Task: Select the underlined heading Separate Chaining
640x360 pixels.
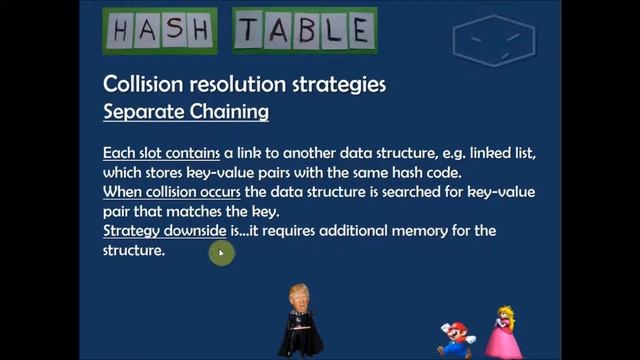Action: click(x=186, y=111)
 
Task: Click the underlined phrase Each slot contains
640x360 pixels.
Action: click(x=161, y=154)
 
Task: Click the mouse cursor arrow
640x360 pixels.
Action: click(x=221, y=254)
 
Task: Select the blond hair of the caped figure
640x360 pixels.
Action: click(x=297, y=291)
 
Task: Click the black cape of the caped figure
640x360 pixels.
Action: click(x=299, y=335)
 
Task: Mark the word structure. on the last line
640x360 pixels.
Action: click(x=134, y=250)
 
